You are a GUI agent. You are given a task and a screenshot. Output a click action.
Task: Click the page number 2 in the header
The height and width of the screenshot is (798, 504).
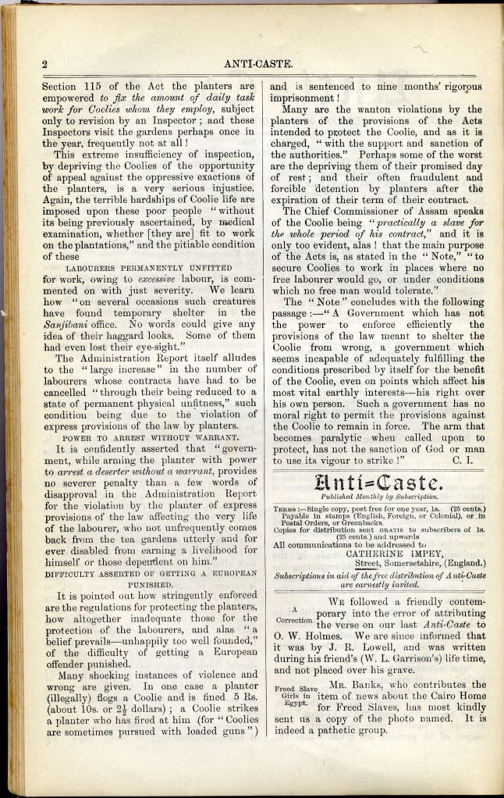coord(45,65)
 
